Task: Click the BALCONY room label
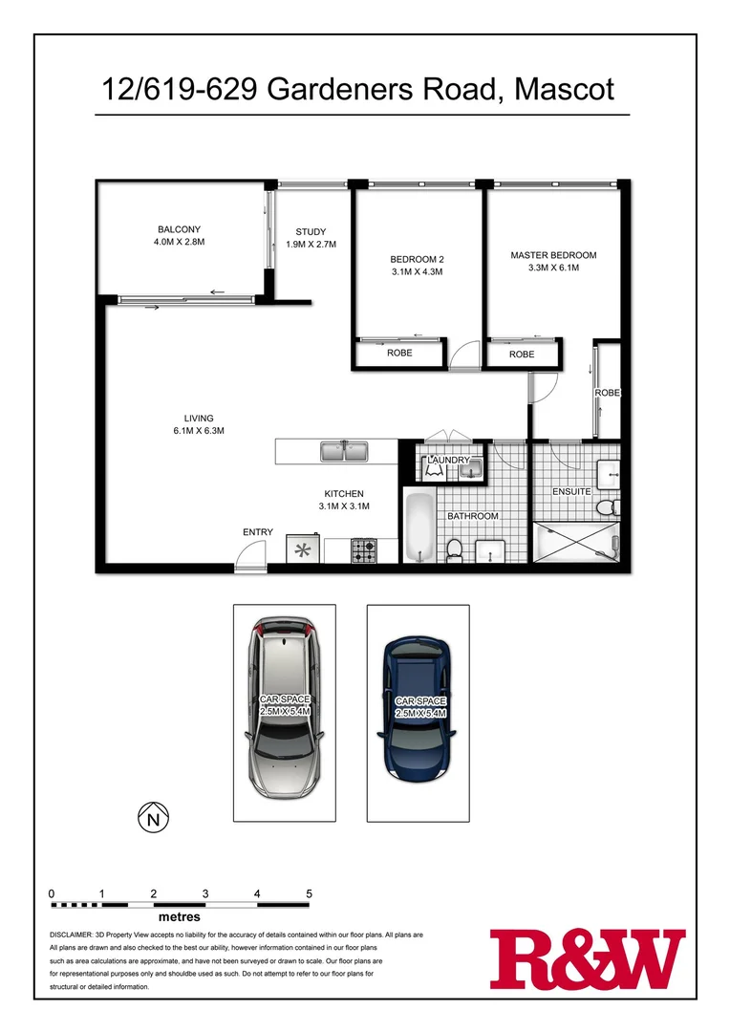pos(179,229)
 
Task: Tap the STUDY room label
pos(311,231)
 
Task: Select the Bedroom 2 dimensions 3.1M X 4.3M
pos(417,272)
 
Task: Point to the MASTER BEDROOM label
pos(553,255)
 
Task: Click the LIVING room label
pos(199,418)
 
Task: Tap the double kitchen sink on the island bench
pos(346,450)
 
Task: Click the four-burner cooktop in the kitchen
pos(364,550)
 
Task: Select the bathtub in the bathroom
pos(419,527)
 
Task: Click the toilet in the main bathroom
pos(455,549)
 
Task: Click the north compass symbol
pos(151,817)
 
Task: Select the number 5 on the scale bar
pos(309,893)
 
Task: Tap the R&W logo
pos(588,959)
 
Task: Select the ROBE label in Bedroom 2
pos(399,354)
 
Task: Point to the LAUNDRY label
pos(449,461)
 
